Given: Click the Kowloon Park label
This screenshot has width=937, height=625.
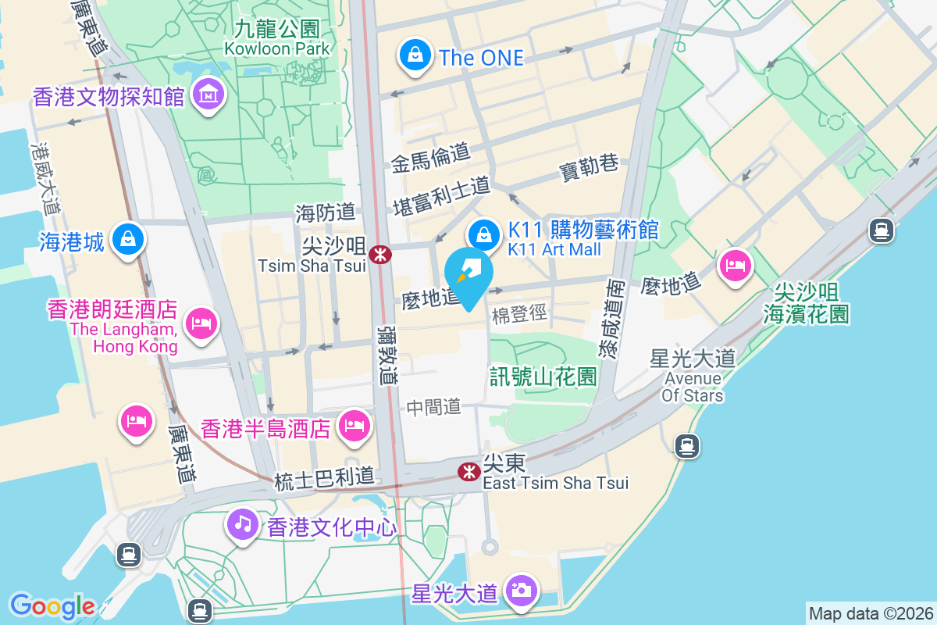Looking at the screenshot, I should tap(277, 48).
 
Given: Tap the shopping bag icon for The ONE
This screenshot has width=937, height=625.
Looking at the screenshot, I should tap(416, 55).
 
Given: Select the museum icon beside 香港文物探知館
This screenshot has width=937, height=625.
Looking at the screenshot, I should tap(208, 95).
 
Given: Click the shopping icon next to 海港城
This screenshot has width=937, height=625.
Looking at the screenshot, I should tap(126, 238).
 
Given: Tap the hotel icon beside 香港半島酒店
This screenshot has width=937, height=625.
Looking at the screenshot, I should tap(354, 426).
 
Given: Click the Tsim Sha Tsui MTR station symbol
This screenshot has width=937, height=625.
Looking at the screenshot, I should tap(380, 255).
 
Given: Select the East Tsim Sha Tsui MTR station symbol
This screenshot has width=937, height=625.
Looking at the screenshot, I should tap(468, 471).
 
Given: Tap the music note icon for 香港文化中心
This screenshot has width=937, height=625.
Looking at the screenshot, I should tap(244, 523).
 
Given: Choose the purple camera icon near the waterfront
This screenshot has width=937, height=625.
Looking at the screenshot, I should tap(520, 590).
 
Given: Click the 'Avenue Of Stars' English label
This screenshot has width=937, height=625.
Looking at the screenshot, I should tap(693, 387).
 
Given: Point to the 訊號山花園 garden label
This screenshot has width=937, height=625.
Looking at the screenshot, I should tap(543, 377).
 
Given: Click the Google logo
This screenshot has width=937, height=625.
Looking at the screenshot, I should tap(52, 605).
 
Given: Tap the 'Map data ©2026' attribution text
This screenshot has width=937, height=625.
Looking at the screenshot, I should tap(871, 613).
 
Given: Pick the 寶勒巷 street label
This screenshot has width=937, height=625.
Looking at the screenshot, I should tap(590, 166).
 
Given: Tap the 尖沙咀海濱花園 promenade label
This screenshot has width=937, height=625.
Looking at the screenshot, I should tap(807, 303).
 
